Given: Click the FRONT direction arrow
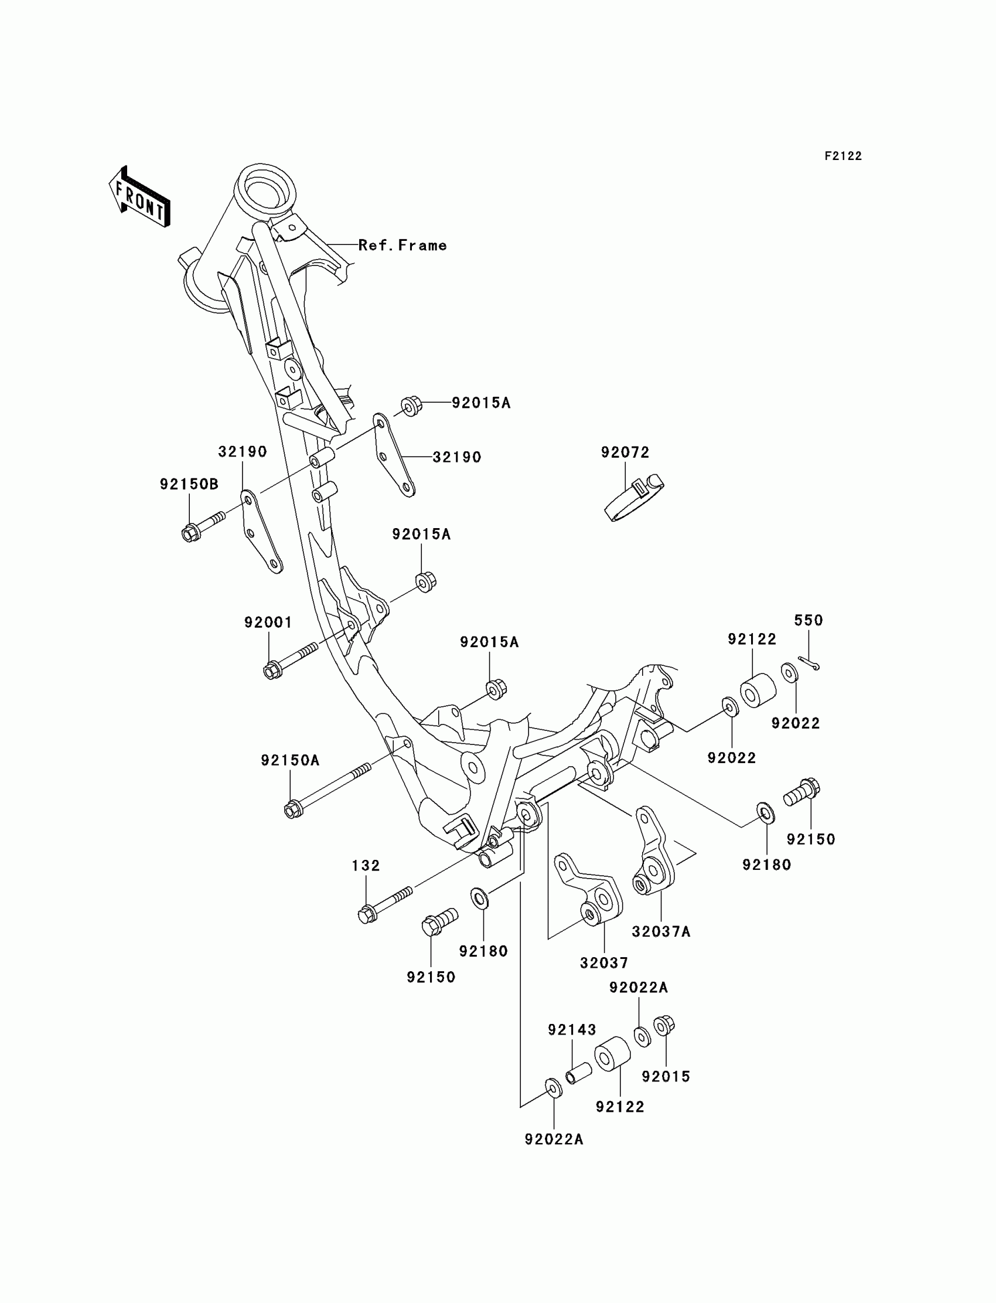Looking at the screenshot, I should [x=140, y=198].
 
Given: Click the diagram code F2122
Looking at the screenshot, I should [x=842, y=156].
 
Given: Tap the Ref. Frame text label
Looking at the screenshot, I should [x=403, y=246].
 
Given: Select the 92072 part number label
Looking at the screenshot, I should [x=625, y=453].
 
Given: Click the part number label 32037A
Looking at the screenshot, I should [x=661, y=932].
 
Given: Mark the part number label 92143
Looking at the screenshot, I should [x=571, y=1030].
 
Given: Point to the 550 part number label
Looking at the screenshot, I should [x=808, y=620].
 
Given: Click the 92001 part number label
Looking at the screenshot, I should [x=268, y=622].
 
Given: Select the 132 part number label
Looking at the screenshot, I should [x=366, y=866].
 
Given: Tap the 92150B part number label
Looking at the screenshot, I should [x=189, y=485].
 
